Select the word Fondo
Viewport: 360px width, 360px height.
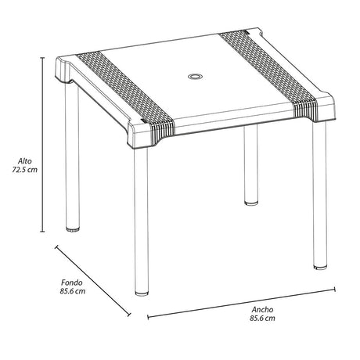tap(74, 282)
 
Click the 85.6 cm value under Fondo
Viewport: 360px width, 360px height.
tap(74, 293)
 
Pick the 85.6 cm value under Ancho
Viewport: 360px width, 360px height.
tap(262, 319)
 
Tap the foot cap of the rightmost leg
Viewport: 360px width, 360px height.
tap(319, 268)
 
